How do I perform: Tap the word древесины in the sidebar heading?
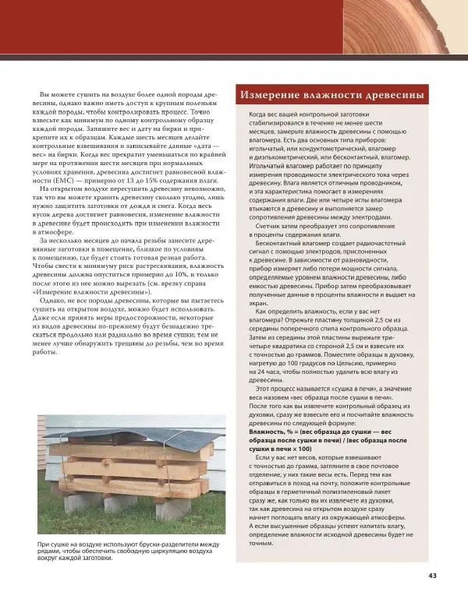[392, 94]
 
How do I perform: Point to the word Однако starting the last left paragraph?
[55, 300]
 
